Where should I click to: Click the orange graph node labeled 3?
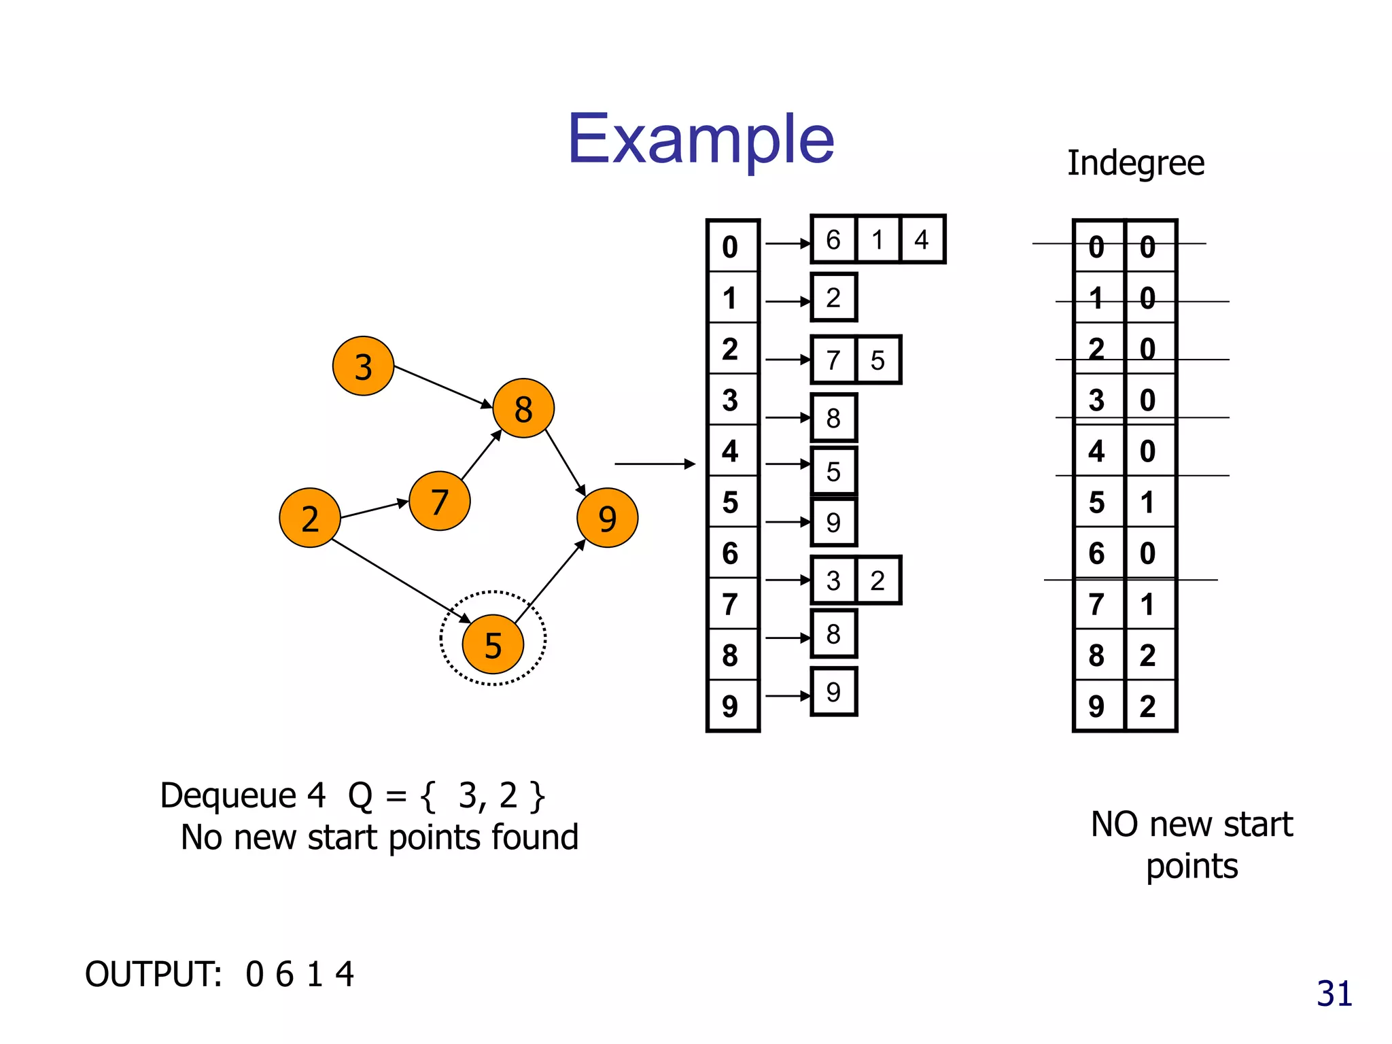363,366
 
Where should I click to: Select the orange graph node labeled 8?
523,408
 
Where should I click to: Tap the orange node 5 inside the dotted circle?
493,644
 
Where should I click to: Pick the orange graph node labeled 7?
440,502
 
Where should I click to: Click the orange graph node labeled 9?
607,518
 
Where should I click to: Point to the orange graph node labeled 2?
310,518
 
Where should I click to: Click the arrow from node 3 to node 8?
442,386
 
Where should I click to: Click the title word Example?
700,139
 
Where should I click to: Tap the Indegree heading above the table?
1135,163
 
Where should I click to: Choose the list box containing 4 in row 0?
922,239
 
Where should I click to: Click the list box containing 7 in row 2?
833,360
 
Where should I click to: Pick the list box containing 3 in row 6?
833,580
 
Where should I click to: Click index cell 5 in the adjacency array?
731,502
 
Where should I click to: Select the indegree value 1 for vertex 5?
1148,502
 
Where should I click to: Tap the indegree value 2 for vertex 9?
1148,706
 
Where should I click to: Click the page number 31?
1334,994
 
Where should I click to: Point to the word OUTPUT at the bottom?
154,974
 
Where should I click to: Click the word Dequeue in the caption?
228,795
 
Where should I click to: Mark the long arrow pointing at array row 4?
654,464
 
